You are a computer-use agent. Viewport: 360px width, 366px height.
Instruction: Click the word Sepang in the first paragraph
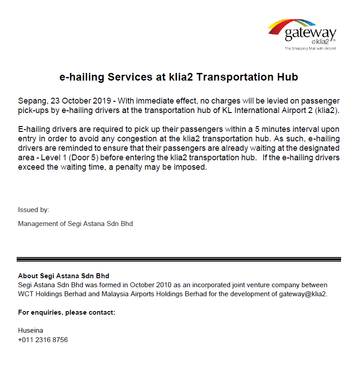[x=31, y=100]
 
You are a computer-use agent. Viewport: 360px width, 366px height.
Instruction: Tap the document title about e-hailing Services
[x=179, y=77]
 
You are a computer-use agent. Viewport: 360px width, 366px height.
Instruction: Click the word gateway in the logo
[x=310, y=33]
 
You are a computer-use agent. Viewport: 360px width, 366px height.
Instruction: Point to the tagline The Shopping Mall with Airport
[x=310, y=48]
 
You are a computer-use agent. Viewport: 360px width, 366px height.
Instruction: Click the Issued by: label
[x=34, y=210]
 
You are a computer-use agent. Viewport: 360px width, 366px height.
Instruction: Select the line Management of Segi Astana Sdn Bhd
[x=75, y=223]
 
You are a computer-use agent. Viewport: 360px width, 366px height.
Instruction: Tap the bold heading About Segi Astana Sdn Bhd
[x=63, y=276]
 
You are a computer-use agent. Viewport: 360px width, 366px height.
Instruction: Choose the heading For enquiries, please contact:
[x=67, y=312]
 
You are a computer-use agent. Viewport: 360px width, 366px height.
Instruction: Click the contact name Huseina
[x=31, y=330]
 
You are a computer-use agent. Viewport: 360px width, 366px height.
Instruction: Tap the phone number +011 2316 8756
[x=43, y=340]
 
